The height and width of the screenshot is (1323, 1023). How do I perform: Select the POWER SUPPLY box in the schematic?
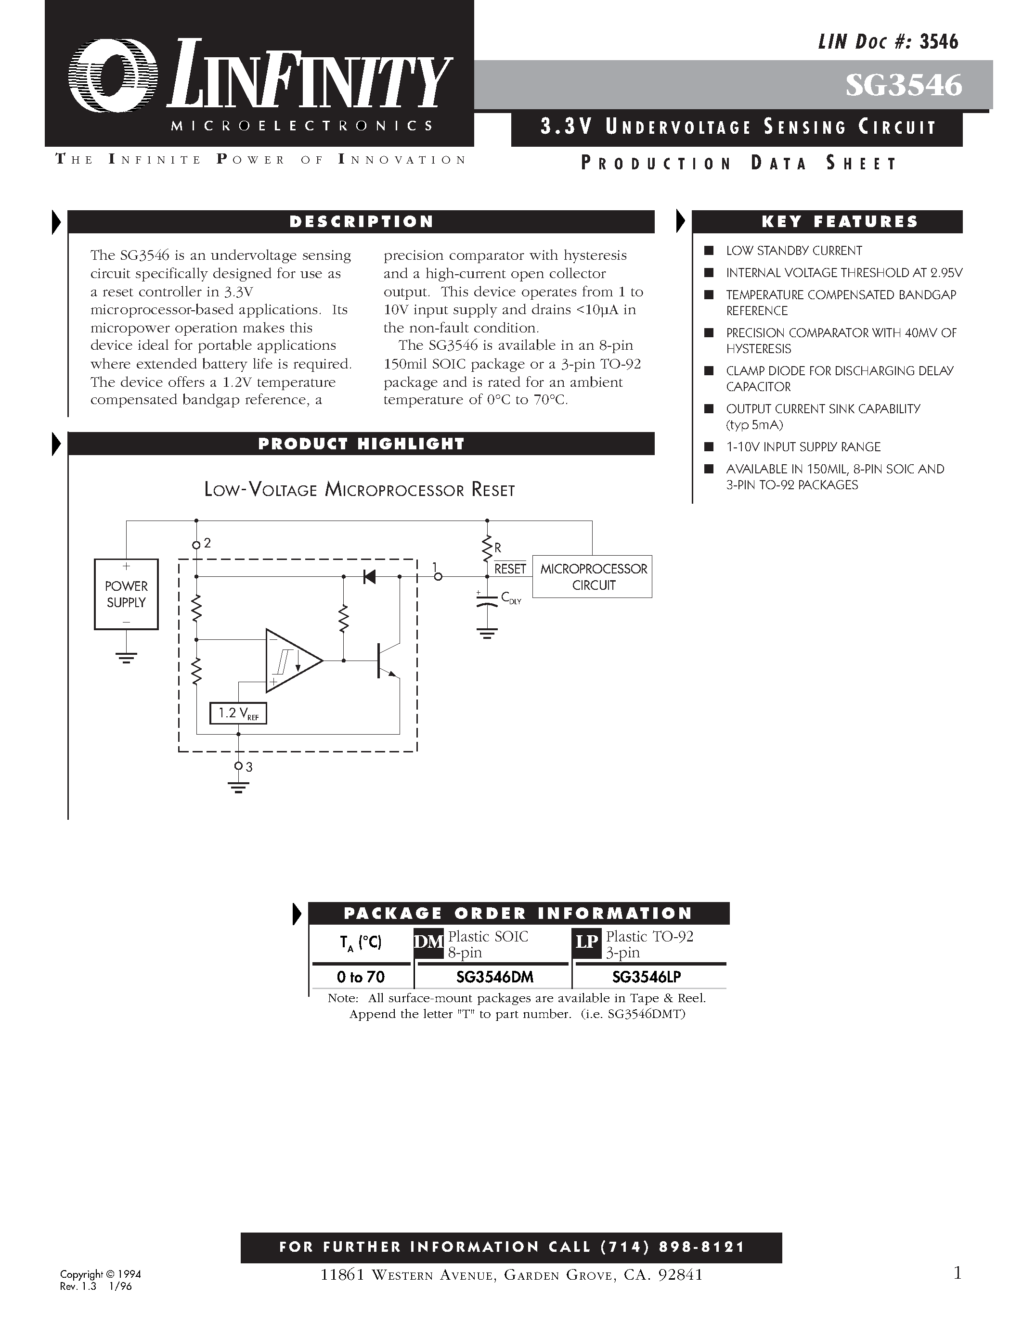click(x=126, y=594)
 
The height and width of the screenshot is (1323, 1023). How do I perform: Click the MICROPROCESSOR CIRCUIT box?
click(x=593, y=577)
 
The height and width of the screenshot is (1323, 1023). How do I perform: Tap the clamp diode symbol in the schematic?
click(x=368, y=577)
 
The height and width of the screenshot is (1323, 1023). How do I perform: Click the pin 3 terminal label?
click(x=249, y=767)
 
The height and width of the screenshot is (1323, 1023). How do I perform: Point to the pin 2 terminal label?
click(x=207, y=543)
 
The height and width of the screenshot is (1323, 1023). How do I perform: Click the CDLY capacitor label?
click(x=510, y=598)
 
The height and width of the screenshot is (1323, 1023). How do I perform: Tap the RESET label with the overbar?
click(x=510, y=569)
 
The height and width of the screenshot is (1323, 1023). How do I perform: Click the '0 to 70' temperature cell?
click(x=361, y=977)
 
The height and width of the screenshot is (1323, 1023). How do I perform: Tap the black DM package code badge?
click(x=428, y=942)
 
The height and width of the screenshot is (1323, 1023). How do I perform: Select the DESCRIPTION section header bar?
click(x=361, y=222)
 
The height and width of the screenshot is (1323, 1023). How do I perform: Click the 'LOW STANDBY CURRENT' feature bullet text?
click(x=793, y=251)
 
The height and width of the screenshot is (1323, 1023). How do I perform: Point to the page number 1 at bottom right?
click(x=958, y=1273)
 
